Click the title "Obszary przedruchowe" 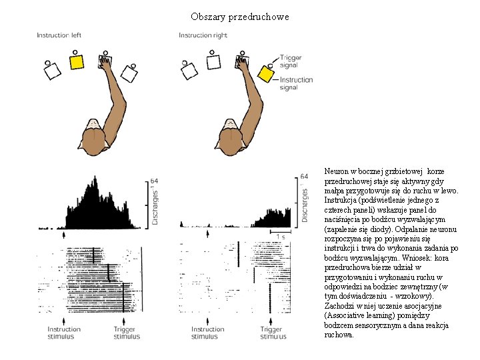click(x=240, y=17)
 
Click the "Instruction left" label click(x=59, y=35)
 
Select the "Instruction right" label click(x=203, y=35)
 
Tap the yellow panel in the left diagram click(x=77, y=62)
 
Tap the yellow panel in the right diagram click(x=265, y=74)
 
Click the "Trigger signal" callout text click(x=290, y=61)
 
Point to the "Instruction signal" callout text click(x=296, y=83)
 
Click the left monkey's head click(x=93, y=137)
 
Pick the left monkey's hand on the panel click(x=106, y=63)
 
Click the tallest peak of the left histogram click(x=95, y=177)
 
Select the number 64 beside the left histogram click(x=154, y=181)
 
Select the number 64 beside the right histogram click(x=304, y=177)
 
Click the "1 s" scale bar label click(x=281, y=237)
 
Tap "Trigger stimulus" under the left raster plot click(x=127, y=333)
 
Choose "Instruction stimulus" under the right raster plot click(x=207, y=333)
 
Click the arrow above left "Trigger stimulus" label click(x=124, y=321)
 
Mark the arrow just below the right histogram click(x=207, y=234)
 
